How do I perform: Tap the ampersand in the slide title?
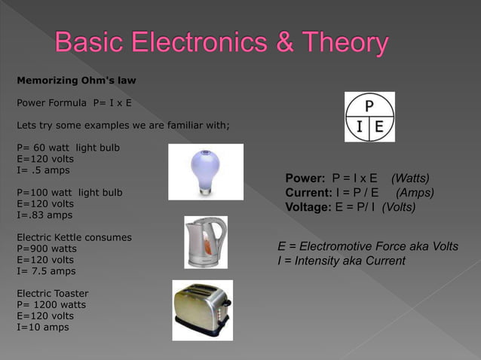tap(286, 43)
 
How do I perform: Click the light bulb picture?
tap(206, 172)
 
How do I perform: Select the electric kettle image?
tap(206, 242)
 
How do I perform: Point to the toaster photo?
tap(202, 310)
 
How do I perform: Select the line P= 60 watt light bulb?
tap(67, 147)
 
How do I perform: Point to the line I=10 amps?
tap(41, 327)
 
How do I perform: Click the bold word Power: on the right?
tap(305, 178)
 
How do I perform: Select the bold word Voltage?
tap(308, 207)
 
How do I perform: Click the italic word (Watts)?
tap(410, 178)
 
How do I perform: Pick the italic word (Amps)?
tap(415, 193)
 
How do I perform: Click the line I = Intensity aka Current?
tap(341, 261)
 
